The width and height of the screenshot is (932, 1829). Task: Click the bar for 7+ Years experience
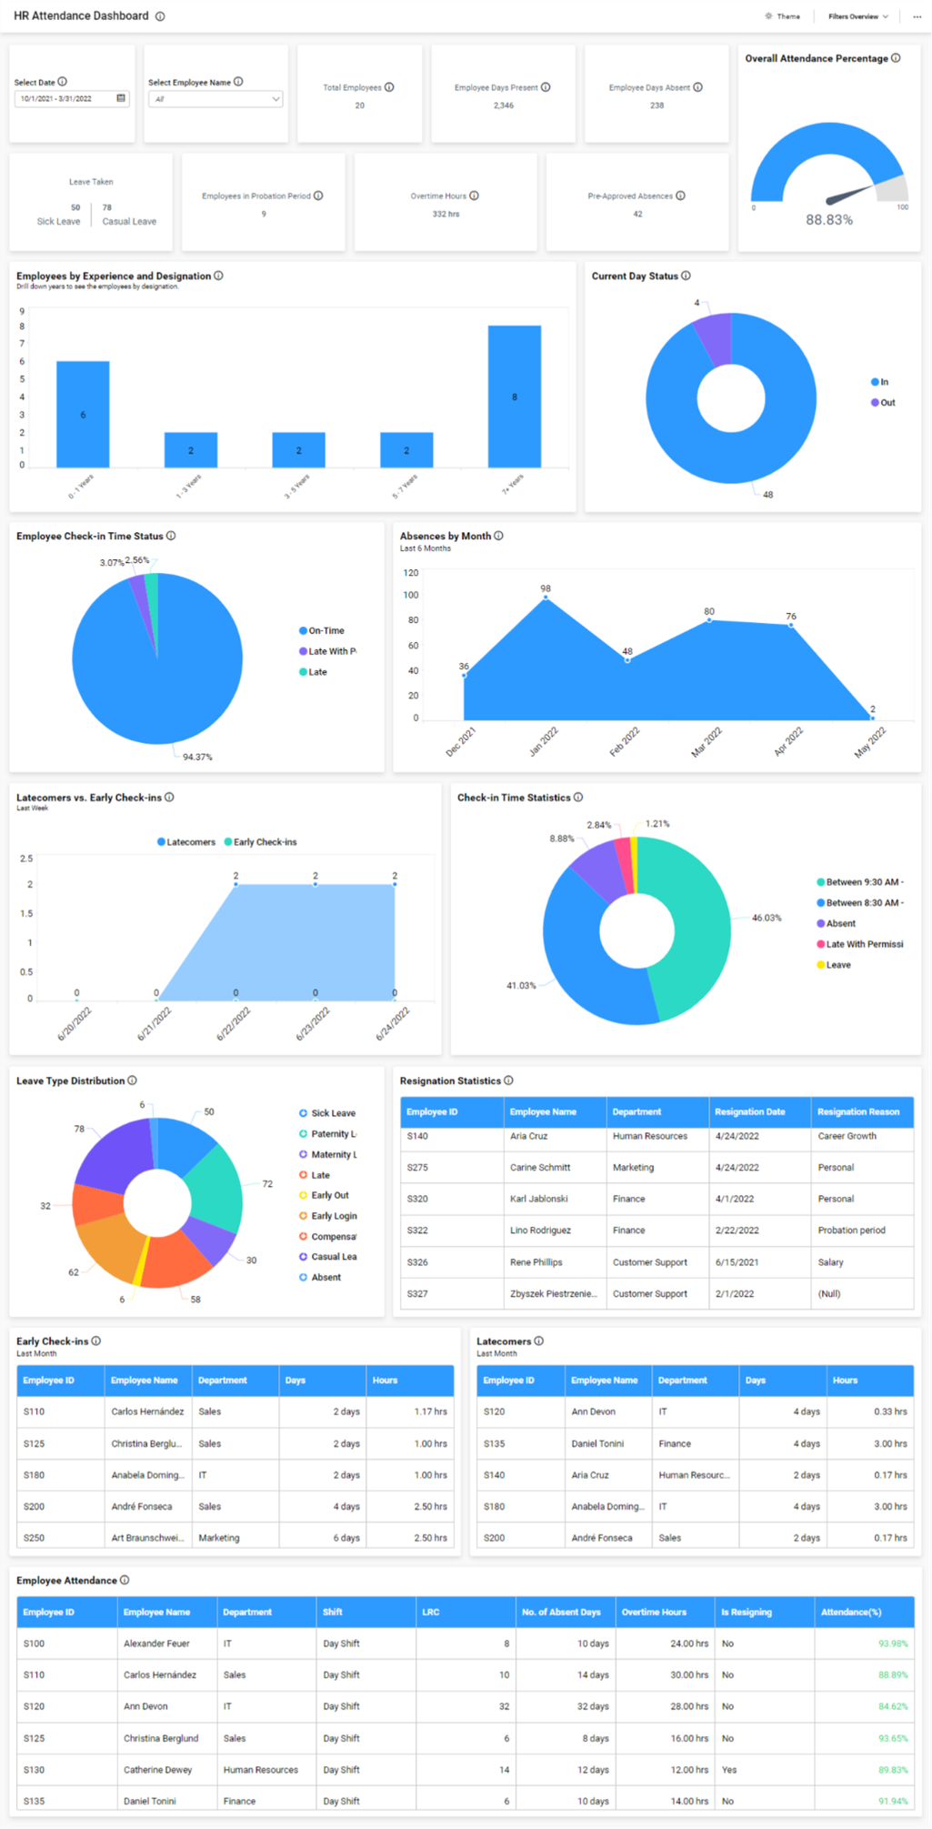(514, 397)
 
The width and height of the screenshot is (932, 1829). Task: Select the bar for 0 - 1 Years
(83, 415)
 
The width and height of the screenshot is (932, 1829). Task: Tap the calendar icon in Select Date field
(121, 98)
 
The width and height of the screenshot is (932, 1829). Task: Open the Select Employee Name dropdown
(215, 99)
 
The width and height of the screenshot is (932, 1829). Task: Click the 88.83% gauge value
(828, 220)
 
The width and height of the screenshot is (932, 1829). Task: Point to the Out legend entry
(883, 403)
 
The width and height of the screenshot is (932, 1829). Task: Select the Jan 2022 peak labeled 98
(546, 598)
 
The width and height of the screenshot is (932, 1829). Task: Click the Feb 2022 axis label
(625, 742)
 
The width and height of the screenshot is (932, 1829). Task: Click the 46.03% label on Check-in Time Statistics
(766, 918)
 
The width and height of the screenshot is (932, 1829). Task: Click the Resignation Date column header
(749, 1111)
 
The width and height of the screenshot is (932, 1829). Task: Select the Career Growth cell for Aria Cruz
(847, 1136)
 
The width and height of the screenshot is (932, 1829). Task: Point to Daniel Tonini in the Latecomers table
(597, 1443)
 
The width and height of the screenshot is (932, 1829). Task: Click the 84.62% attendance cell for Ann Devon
(892, 1706)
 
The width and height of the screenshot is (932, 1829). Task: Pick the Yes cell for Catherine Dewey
(729, 1770)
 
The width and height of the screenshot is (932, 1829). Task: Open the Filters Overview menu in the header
(857, 16)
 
